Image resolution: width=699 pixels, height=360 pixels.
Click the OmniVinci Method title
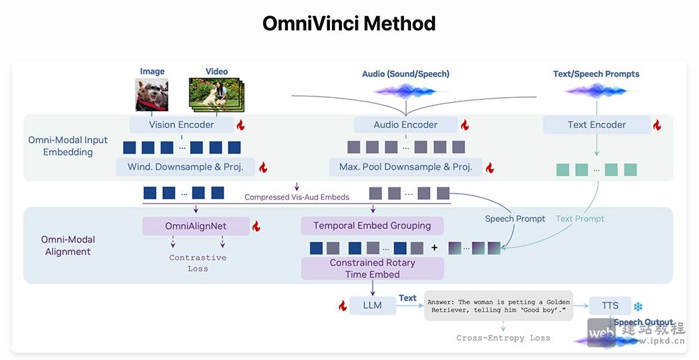(x=349, y=23)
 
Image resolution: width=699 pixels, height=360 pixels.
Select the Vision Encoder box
(x=181, y=125)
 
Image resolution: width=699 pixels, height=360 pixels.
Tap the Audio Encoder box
(x=405, y=125)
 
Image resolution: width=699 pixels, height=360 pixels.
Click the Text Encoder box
(x=596, y=125)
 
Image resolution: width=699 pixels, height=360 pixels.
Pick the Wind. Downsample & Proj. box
(x=186, y=167)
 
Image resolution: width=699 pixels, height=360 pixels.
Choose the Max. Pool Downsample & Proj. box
(x=405, y=167)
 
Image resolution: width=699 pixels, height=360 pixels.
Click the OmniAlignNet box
(x=196, y=226)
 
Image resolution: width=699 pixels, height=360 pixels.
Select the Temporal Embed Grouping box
(x=372, y=226)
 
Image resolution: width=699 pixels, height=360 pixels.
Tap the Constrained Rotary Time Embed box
(x=372, y=268)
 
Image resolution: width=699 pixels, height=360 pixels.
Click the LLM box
(x=373, y=305)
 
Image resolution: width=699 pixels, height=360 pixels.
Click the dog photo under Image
(x=152, y=94)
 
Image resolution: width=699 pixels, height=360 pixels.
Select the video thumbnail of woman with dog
(x=215, y=94)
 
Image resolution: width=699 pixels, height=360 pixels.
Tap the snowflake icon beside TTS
(x=637, y=306)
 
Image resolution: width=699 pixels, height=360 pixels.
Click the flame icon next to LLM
(x=343, y=305)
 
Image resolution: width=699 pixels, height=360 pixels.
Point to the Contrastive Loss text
(x=197, y=263)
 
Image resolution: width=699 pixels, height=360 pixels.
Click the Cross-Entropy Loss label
(x=503, y=338)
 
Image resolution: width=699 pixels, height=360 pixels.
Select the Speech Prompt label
(x=515, y=219)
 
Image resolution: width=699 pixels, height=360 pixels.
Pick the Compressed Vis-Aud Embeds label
(x=296, y=197)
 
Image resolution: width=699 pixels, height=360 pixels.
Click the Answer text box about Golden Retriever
(x=498, y=305)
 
